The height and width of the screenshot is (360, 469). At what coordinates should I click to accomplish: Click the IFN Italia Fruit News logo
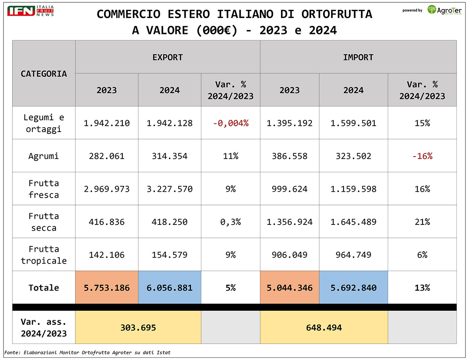[30, 11]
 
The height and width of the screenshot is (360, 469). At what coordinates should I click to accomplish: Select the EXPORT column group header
[167, 57]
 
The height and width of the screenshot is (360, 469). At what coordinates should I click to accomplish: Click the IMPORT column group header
[358, 57]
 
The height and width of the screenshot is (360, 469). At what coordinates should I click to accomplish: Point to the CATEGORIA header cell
[44, 73]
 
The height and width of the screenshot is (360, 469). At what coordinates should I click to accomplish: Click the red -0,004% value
[230, 123]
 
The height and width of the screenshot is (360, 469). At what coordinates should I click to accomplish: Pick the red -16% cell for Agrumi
[422, 156]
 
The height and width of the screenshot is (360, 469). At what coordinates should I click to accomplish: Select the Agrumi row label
[44, 156]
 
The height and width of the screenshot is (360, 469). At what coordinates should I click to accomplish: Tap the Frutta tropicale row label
[44, 255]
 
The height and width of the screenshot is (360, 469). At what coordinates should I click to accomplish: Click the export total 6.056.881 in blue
[170, 288]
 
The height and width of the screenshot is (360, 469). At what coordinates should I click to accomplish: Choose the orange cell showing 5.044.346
[290, 288]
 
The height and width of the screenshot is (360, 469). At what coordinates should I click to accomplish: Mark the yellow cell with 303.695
[138, 328]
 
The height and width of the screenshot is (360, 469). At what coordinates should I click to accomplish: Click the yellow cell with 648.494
[324, 328]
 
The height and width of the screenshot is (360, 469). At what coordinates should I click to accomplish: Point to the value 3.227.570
[170, 189]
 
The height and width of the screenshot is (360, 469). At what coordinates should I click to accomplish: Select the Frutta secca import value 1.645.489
[353, 222]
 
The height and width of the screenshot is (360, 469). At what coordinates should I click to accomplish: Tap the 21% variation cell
[422, 222]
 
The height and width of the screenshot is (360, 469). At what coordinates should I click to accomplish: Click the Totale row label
[44, 288]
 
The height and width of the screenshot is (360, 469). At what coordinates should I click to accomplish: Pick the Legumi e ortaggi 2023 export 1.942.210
[107, 123]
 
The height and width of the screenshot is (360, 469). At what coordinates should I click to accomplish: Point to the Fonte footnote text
[88, 353]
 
